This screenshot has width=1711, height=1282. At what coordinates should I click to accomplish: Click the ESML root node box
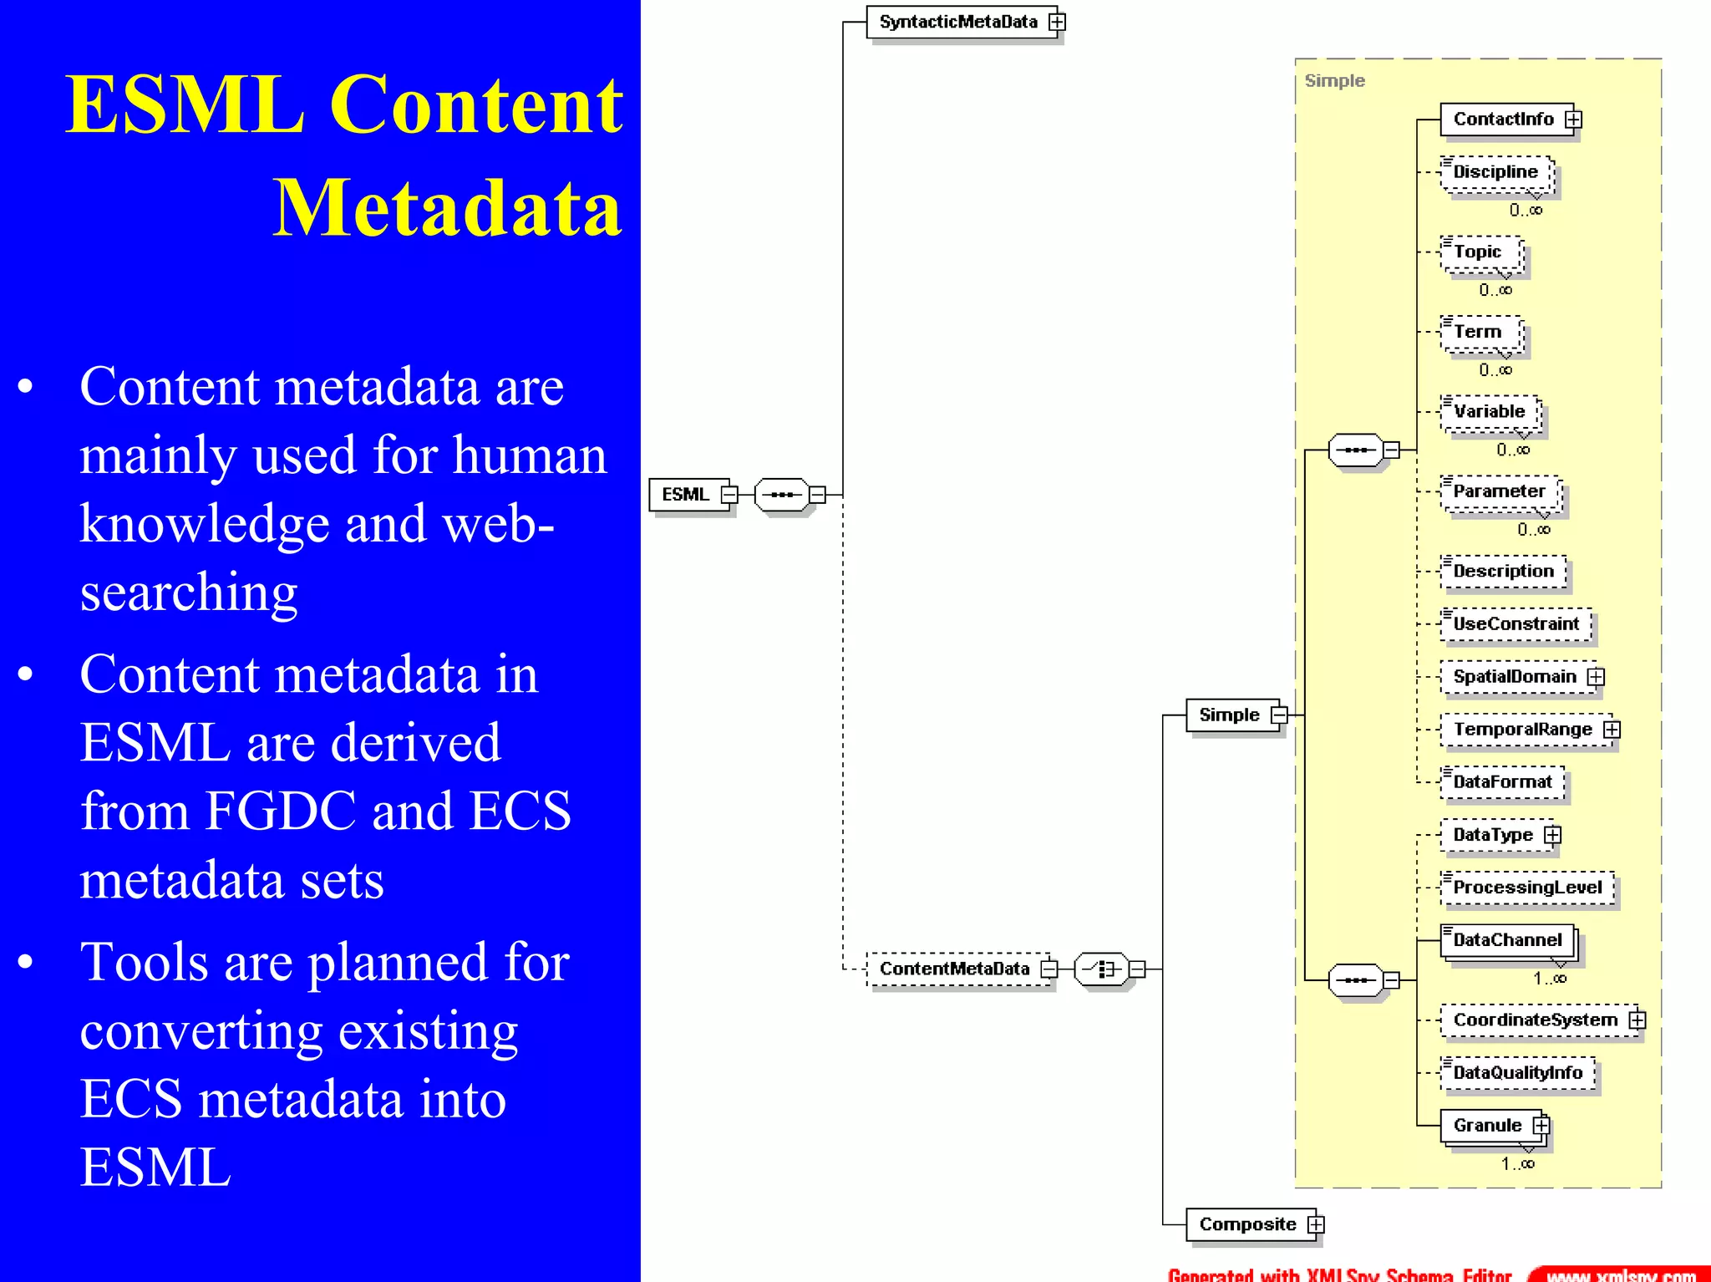686,494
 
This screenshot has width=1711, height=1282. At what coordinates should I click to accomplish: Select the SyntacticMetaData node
958,22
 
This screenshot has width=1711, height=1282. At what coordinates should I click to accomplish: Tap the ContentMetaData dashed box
954,969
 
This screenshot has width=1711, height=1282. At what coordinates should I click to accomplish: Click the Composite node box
1247,1224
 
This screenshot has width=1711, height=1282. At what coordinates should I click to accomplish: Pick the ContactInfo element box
1502,120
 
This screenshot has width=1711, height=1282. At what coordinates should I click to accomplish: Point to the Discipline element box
1495,172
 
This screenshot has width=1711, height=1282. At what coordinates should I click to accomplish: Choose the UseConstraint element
1516,624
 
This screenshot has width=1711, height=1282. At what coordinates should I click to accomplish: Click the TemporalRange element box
1522,730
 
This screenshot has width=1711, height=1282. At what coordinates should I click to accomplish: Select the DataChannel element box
1507,940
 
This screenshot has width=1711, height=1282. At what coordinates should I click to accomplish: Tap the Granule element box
1487,1126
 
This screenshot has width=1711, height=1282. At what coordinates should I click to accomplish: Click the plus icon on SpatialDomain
1597,677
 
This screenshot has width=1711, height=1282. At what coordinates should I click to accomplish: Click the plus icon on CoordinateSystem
1637,1020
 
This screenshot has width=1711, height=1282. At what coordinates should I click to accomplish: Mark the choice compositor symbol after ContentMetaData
1102,969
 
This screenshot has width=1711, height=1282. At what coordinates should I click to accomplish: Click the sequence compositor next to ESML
782,495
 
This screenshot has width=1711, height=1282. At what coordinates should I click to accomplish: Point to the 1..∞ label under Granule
1518,1163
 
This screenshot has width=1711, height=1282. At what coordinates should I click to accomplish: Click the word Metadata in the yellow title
447,207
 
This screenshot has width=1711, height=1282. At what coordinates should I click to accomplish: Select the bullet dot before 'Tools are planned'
25,962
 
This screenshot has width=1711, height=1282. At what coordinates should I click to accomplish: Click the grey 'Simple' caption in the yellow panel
1334,81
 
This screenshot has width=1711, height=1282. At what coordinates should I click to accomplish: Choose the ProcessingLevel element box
1527,888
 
